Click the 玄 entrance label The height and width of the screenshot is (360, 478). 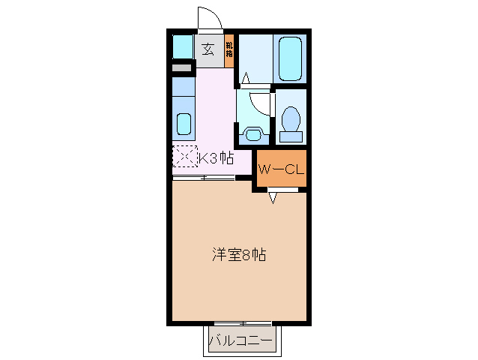208,50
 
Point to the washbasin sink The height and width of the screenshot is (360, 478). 255,134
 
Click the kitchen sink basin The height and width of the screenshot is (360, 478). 183,122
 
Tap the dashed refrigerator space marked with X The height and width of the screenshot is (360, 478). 184,157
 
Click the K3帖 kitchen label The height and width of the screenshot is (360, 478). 216,158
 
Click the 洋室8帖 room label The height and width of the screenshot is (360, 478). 238,255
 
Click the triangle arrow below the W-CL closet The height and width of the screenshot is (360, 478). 273,198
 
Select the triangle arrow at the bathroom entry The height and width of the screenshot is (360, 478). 246,77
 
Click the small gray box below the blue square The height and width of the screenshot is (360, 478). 182,69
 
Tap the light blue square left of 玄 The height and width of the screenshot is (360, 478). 183,47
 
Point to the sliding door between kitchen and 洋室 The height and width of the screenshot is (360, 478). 204,178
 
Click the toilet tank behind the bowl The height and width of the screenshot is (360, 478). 291,137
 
